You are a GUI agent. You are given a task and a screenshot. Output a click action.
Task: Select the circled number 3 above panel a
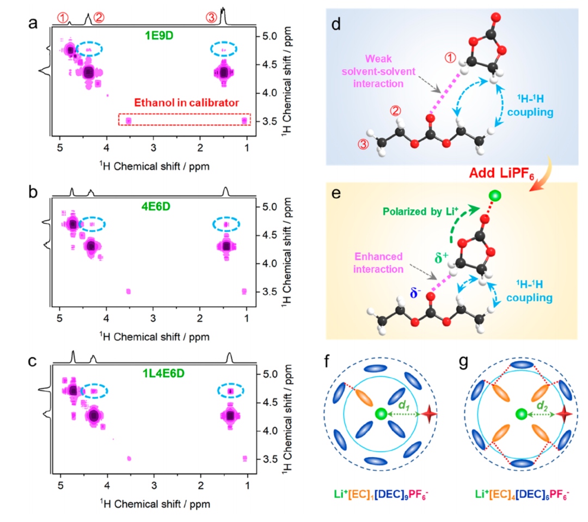[211, 17]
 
